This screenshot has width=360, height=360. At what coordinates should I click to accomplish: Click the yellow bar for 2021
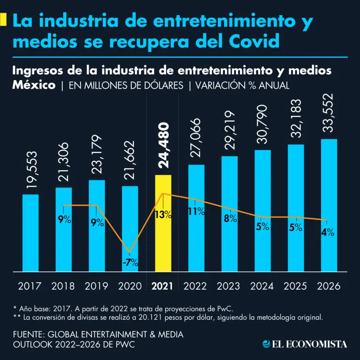click(163, 223)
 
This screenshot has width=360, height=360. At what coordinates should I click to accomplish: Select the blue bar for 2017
click(30, 233)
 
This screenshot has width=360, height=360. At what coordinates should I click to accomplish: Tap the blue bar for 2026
click(329, 205)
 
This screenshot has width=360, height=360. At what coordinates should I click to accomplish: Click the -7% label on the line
click(130, 262)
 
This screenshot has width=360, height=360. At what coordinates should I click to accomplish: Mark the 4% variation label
click(328, 232)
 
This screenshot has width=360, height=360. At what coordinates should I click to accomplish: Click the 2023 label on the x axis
click(229, 285)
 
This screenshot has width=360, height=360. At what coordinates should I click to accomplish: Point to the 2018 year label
click(63, 285)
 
